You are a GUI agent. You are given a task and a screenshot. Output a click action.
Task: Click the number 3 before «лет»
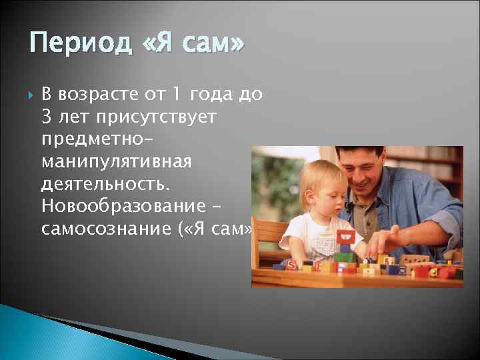tap(47, 117)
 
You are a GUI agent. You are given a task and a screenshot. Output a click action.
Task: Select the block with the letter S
tap(291, 264)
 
